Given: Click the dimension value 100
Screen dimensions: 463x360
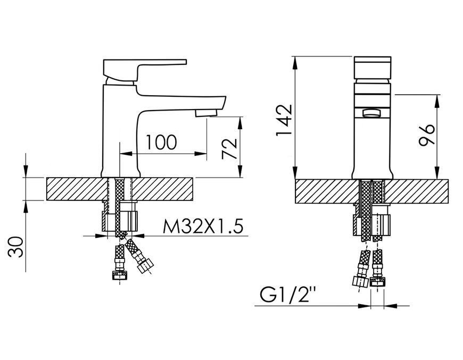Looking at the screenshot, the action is coord(162,142).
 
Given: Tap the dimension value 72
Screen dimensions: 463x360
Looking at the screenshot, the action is coord(229,148).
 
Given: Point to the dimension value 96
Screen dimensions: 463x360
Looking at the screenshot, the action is coord(427,135).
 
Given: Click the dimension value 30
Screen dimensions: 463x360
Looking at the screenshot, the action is coord(15,247).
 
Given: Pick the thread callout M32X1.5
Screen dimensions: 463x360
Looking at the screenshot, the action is coord(203,227).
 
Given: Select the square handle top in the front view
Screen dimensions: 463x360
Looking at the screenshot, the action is coord(373,68).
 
